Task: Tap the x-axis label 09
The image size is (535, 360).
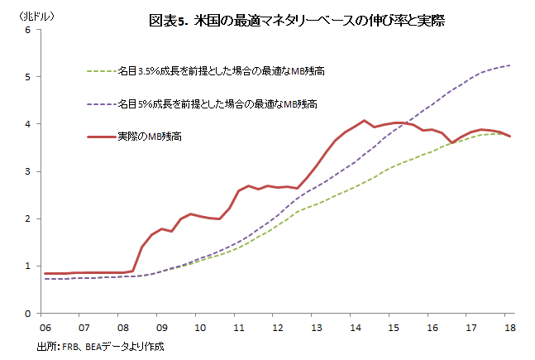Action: pyautogui.click(x=160, y=327)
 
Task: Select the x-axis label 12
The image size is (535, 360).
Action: pyautogui.click(x=277, y=327)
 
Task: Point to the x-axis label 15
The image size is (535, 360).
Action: pyautogui.click(x=394, y=327)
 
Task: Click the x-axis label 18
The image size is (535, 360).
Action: pyautogui.click(x=510, y=327)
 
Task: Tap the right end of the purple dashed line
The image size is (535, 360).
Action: pyautogui.click(x=510, y=65)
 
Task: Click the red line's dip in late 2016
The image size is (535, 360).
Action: pyautogui.click(x=452, y=142)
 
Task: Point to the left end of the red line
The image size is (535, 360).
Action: pyautogui.click(x=43, y=273)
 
